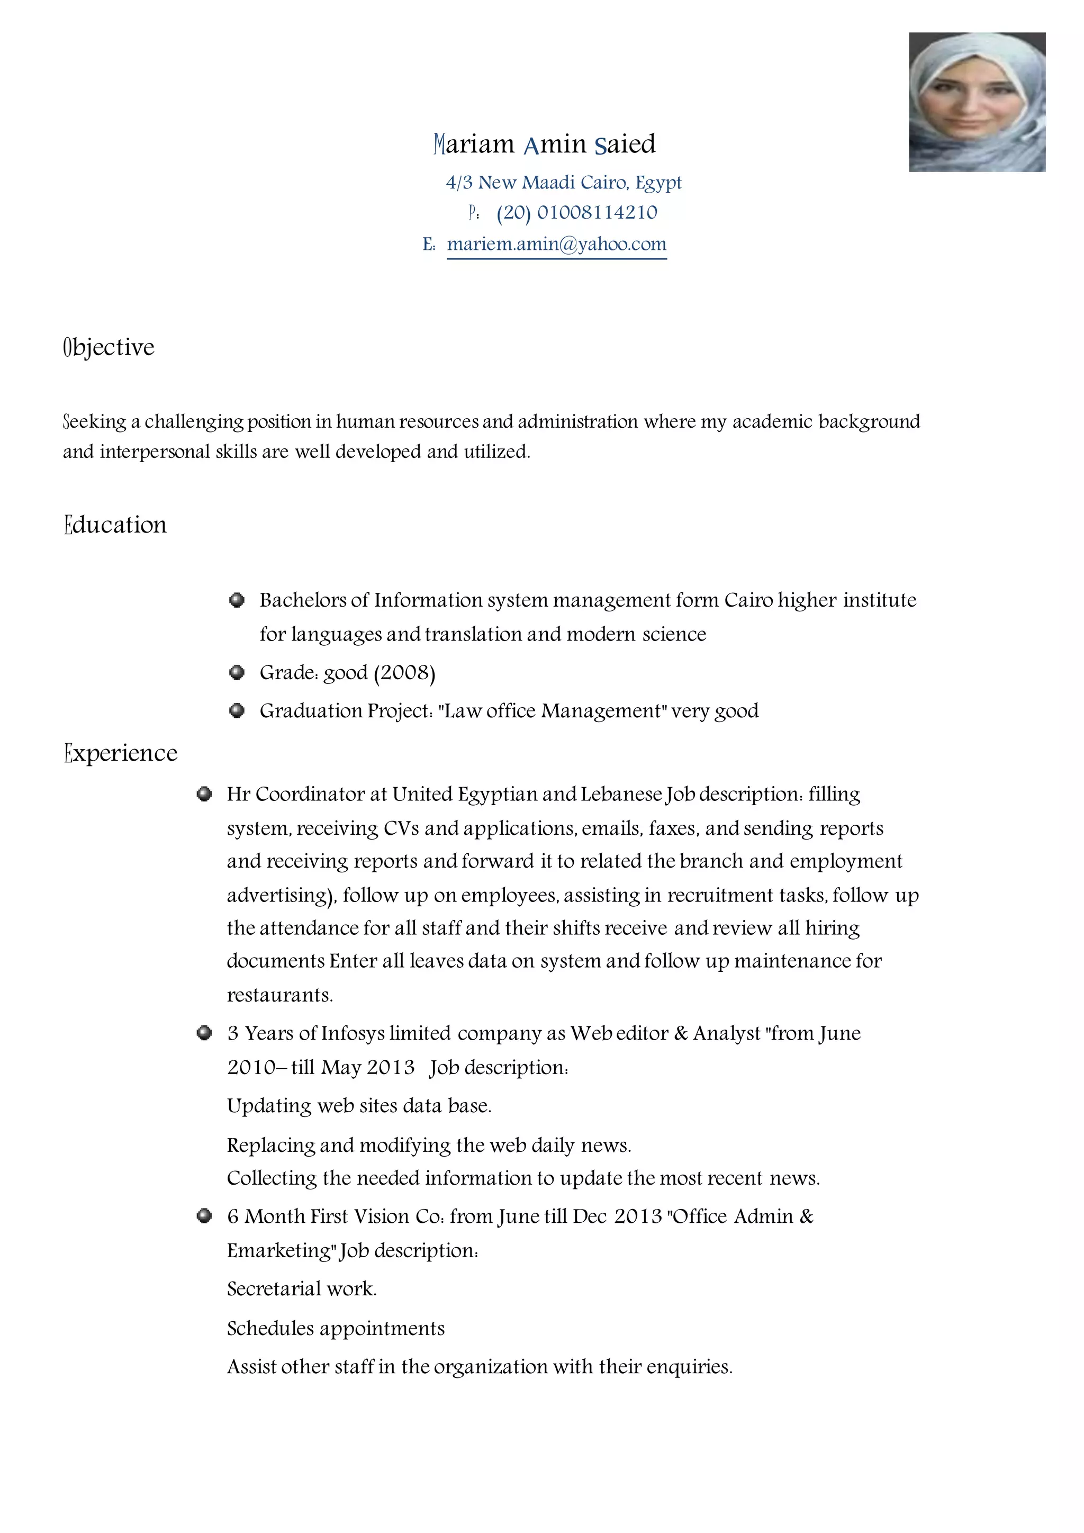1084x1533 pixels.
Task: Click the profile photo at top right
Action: [x=977, y=102]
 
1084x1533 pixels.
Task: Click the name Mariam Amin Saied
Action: [x=544, y=144]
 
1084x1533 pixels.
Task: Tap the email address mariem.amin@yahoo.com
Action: [x=556, y=245]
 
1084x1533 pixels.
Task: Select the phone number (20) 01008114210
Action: [x=577, y=213]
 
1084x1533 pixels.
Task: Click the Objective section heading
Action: [x=109, y=347]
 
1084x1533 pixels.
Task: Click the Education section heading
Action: [x=115, y=525]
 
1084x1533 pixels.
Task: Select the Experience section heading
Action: [x=121, y=753]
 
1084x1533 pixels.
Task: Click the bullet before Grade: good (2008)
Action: [x=236, y=672]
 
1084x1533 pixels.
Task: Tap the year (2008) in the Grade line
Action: [x=404, y=672]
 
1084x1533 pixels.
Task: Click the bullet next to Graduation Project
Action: [x=236, y=710]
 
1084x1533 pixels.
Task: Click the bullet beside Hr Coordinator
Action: [x=204, y=794]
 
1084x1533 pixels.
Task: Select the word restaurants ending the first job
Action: [x=279, y=996]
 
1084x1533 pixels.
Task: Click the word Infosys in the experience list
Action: [x=353, y=1034]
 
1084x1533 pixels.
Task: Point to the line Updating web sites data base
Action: [x=359, y=1106]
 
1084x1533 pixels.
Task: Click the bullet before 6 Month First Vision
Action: [x=204, y=1216]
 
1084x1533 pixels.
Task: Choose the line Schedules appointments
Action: [x=335, y=1328]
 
